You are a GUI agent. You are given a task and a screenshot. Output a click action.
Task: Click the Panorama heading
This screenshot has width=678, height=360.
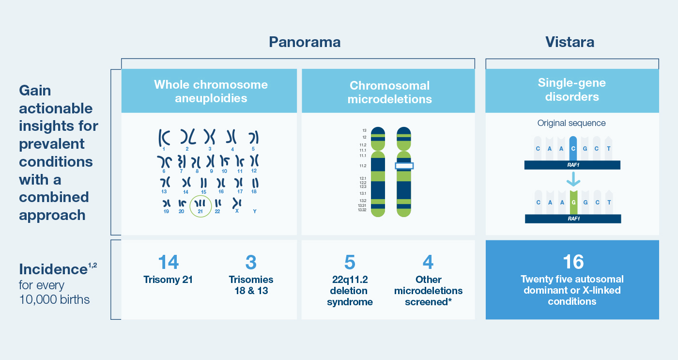click(305, 42)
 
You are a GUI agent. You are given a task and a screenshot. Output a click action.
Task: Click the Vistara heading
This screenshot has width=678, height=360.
click(570, 42)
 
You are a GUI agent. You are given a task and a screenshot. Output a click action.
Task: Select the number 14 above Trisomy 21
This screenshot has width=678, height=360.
click(169, 262)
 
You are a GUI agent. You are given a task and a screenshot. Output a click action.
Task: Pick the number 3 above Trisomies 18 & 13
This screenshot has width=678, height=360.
click(251, 262)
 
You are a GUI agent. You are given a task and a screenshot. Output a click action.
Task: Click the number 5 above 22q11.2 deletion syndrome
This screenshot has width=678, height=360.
click(350, 262)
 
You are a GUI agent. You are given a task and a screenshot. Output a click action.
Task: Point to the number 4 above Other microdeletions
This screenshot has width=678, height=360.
click(428, 262)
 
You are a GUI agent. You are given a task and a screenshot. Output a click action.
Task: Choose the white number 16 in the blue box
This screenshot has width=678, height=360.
click(573, 262)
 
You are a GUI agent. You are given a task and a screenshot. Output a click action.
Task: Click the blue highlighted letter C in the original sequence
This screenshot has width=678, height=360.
click(573, 149)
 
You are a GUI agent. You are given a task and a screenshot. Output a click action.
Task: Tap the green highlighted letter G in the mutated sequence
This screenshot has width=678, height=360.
click(573, 202)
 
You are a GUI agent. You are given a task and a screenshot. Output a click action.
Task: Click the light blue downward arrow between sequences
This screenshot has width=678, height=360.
click(573, 179)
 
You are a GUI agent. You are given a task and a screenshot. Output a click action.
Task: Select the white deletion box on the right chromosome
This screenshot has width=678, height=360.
click(404, 166)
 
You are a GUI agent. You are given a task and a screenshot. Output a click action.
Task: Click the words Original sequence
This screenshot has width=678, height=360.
click(571, 123)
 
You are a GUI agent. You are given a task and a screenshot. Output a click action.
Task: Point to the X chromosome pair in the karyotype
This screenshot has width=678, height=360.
click(237, 203)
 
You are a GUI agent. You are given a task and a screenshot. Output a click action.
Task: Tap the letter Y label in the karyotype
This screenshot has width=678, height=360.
click(255, 211)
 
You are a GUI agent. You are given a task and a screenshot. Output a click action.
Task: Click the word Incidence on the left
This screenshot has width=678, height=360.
click(53, 269)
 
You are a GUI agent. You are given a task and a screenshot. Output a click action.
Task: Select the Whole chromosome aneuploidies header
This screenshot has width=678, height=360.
click(211, 91)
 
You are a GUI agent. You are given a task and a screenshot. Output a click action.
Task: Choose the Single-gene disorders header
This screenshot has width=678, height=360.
click(572, 90)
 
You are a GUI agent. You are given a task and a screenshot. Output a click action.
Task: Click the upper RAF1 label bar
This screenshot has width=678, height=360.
click(572, 165)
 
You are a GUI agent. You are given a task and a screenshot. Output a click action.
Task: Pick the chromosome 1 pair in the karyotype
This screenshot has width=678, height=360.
click(164, 138)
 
